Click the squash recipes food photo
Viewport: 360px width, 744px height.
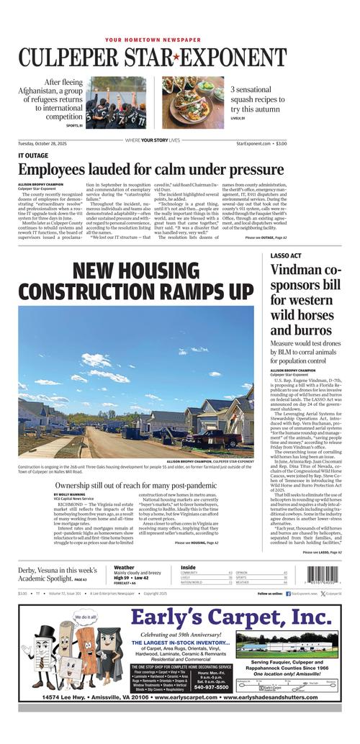pyautogui.click(x=192, y=101)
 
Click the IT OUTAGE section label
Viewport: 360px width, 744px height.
pyautogui.click(x=33, y=155)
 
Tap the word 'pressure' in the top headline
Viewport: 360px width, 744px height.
pyautogui.click(x=246, y=171)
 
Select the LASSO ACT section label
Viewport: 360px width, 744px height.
pyautogui.click(x=286, y=255)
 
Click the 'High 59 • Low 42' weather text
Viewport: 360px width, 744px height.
pyautogui.click(x=131, y=578)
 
